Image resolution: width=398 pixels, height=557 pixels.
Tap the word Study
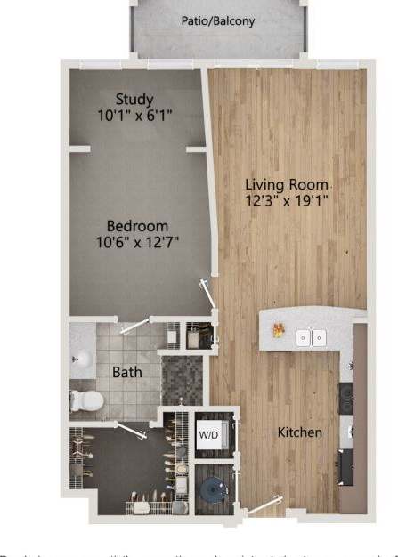134,99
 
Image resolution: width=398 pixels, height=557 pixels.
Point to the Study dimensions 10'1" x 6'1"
134,115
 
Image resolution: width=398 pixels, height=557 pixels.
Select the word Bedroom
137,226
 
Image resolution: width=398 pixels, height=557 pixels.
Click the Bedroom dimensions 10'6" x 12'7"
137,242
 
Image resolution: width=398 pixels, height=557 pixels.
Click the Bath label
126,372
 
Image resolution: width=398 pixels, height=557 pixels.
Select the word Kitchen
300,432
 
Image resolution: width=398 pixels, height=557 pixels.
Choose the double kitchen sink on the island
310,337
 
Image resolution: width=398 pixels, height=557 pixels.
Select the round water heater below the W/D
215,489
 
